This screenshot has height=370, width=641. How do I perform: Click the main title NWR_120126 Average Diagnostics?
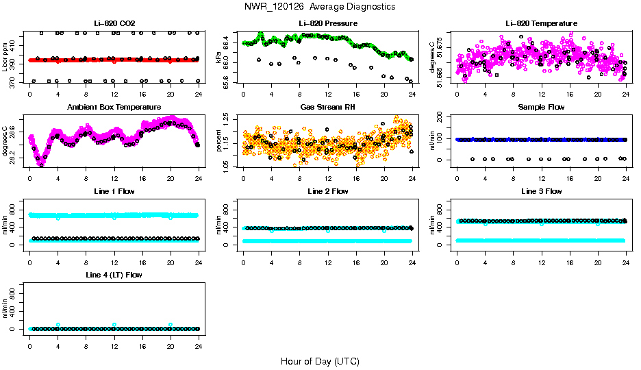point(319,6)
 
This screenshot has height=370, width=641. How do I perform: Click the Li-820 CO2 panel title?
point(114,23)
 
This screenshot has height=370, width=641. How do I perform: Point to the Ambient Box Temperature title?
point(114,108)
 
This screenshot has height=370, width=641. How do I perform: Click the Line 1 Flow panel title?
point(114,191)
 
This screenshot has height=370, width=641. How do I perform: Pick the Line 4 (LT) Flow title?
point(114,275)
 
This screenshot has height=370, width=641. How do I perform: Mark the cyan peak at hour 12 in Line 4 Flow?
point(114,325)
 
